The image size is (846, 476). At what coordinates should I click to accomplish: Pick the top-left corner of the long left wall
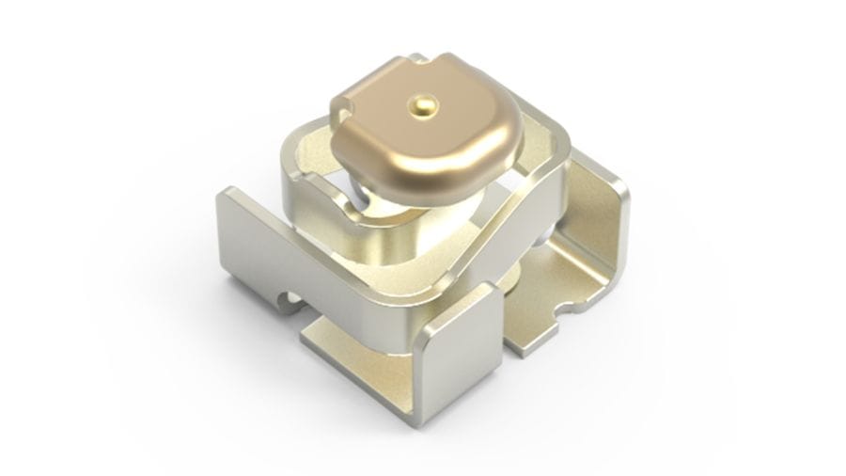pyautogui.click(x=223, y=193)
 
